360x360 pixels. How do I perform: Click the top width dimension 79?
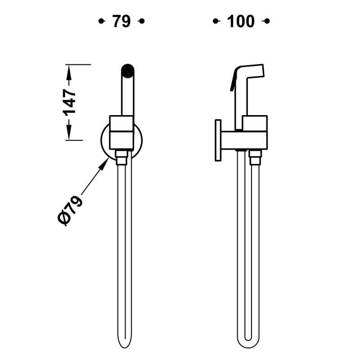point(121,21)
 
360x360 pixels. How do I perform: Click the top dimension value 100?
point(241,21)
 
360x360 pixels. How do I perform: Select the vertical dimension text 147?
point(69,102)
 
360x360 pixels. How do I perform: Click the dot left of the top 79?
point(101,21)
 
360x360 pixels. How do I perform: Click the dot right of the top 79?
point(142,21)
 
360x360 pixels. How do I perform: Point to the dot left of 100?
point(216,21)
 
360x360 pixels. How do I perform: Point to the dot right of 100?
point(267,21)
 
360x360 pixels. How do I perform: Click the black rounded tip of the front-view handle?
point(128,70)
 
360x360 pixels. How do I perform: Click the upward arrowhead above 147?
point(69,72)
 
